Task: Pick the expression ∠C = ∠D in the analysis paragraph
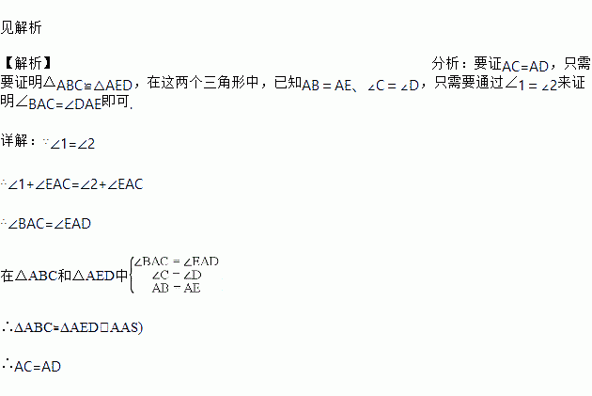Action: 393,86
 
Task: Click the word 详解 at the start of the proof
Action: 18,142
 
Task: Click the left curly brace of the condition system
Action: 129,275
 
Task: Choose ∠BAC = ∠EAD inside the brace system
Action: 176,261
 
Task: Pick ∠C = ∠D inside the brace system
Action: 176,275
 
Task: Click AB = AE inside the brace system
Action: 176,288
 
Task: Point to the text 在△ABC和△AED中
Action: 64,276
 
